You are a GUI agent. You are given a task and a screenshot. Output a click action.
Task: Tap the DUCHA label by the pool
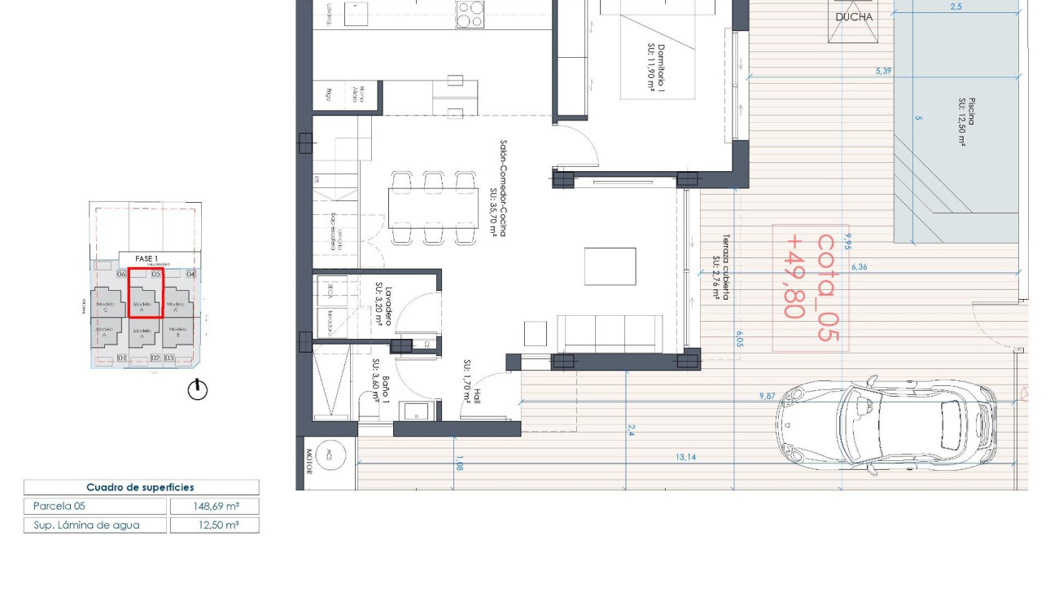[x=854, y=17]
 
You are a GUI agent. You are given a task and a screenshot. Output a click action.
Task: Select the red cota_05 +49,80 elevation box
[x=810, y=288]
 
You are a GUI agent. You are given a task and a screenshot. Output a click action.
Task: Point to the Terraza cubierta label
[x=719, y=268]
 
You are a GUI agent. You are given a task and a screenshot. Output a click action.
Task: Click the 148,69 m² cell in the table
[x=214, y=506]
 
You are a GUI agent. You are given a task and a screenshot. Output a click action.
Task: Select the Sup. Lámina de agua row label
[x=86, y=525]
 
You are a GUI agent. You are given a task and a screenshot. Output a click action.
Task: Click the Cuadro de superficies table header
[x=140, y=487]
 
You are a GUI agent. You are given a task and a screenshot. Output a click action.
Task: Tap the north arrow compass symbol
[x=198, y=390]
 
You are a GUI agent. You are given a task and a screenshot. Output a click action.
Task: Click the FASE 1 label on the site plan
[x=146, y=259]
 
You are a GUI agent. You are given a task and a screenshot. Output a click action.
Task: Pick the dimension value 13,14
[x=685, y=457]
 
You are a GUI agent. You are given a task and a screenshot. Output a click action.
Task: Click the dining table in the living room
[x=432, y=208]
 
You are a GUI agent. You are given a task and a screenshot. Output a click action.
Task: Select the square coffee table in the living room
[x=610, y=266]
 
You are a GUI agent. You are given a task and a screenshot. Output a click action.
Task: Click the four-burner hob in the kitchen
[x=470, y=14]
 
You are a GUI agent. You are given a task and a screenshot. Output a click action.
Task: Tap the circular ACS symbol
[x=329, y=454]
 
